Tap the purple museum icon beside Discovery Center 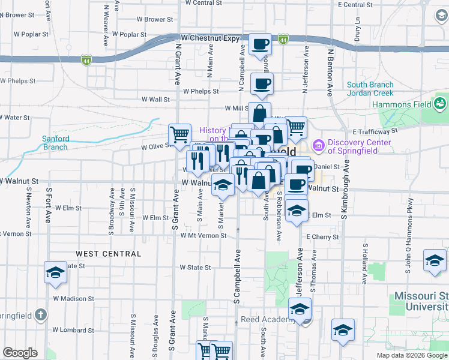(318, 145)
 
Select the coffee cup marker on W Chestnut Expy (260, 44)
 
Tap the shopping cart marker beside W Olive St (179, 134)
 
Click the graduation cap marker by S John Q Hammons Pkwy (435, 260)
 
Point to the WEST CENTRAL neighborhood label (109, 254)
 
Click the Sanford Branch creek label (55, 143)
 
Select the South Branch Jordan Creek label (370, 89)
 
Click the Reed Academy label (267, 319)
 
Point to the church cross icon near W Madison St (40, 314)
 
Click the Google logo (20, 353)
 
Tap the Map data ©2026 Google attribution (411, 355)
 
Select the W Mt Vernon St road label (203, 236)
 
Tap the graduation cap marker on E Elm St (295, 211)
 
